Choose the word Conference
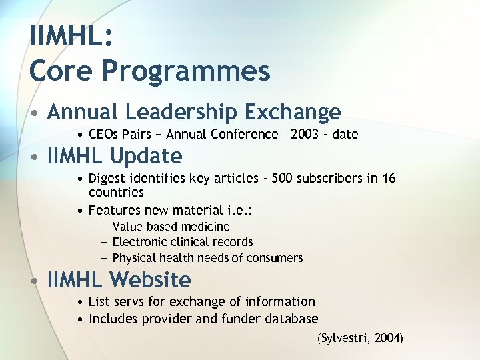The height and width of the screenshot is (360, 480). click(245, 135)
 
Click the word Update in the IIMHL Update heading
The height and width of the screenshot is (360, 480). click(146, 156)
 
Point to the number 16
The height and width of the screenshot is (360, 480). click(389, 178)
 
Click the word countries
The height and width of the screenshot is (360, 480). click(116, 192)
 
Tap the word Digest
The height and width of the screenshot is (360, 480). click(107, 178)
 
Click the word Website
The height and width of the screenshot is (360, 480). click(150, 279)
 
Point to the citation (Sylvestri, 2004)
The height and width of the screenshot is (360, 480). click(360, 338)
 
